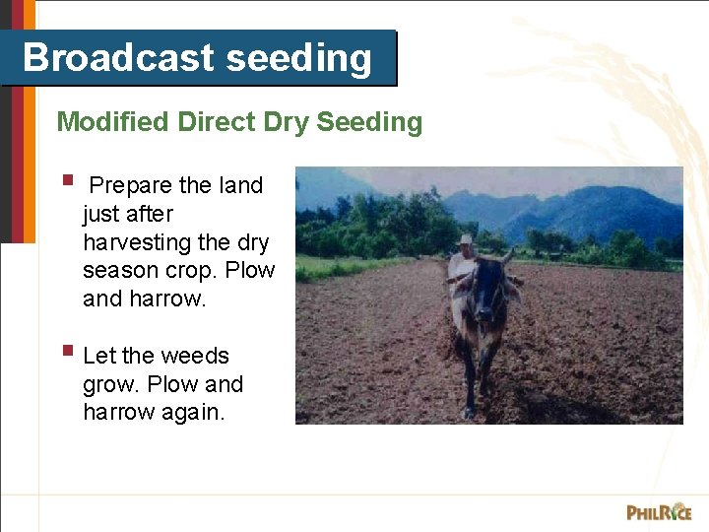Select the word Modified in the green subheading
click(112, 122)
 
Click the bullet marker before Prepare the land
click(67, 181)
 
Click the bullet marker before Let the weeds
click(67, 350)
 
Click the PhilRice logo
click(658, 511)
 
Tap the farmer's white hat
click(465, 239)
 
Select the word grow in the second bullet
click(111, 384)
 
